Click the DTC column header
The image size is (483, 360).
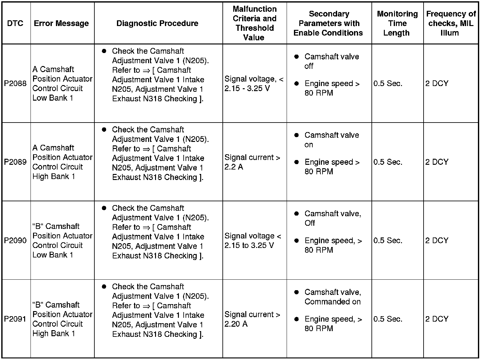click(15, 23)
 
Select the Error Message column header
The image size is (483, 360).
click(61, 23)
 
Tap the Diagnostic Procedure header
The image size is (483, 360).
click(157, 23)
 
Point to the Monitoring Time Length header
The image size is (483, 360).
click(397, 23)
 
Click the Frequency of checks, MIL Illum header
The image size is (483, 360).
click(451, 23)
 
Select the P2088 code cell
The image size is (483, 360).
click(15, 83)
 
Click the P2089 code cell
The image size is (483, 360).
click(15, 162)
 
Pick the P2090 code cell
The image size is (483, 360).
click(15, 240)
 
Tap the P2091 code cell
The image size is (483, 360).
click(15, 319)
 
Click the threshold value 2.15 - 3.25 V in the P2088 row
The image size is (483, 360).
click(247, 88)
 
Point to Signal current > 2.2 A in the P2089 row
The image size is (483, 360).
click(252, 162)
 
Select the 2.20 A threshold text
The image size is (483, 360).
click(236, 324)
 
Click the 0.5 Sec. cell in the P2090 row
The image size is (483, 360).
click(388, 240)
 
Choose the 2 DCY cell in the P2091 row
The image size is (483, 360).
click(437, 319)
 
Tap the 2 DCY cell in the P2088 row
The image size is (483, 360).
click(437, 83)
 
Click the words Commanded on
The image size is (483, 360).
click(332, 302)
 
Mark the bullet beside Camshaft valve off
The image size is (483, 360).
click(296, 57)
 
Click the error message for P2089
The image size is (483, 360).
click(62, 162)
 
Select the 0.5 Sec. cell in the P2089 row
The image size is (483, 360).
click(388, 162)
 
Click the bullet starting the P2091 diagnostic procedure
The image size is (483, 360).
click(104, 287)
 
